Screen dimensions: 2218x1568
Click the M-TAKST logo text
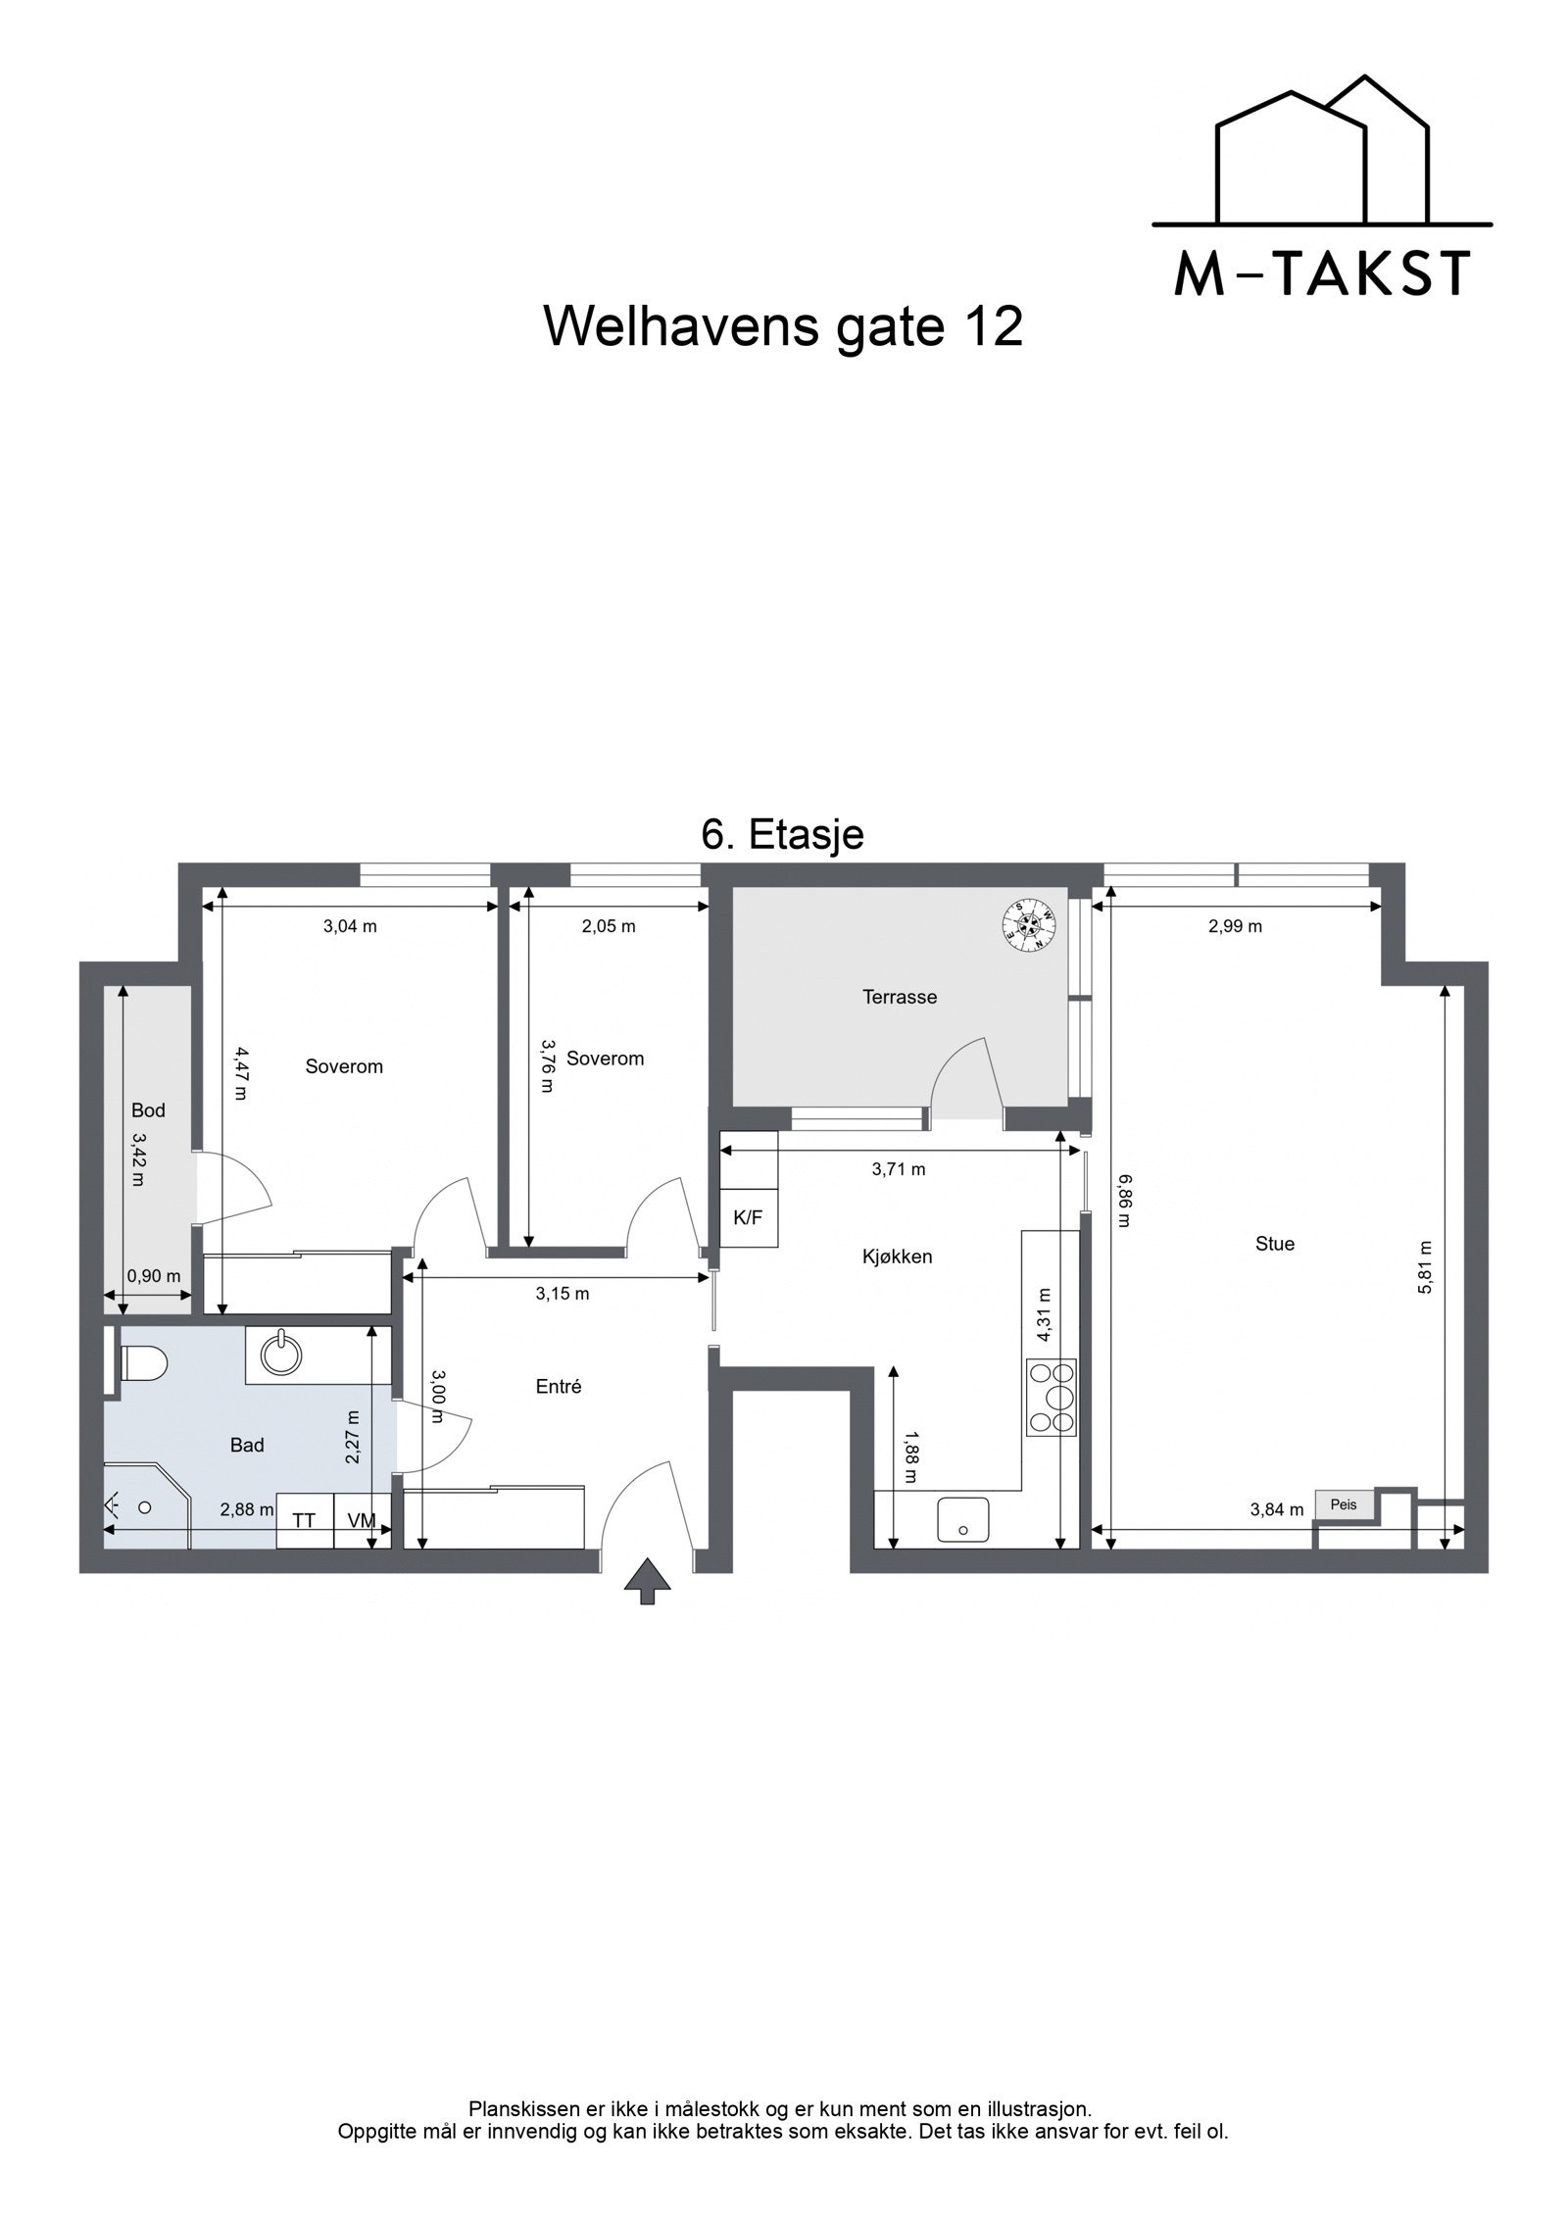1322,274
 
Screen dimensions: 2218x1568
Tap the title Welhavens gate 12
783,325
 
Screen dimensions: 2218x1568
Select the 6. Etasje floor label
782,834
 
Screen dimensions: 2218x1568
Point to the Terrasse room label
899,998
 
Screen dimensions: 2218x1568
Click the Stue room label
1274,1244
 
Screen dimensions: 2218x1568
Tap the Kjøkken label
897,1256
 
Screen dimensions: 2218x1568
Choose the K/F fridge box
748,1218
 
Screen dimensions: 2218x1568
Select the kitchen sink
962,1520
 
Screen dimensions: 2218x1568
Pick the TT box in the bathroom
305,1520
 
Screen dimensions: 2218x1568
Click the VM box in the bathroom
362,1520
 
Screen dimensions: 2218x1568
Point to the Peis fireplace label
1344,1504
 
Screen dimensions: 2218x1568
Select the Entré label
559,1386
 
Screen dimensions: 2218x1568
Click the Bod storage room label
148,1110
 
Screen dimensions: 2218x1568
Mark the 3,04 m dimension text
350,926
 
